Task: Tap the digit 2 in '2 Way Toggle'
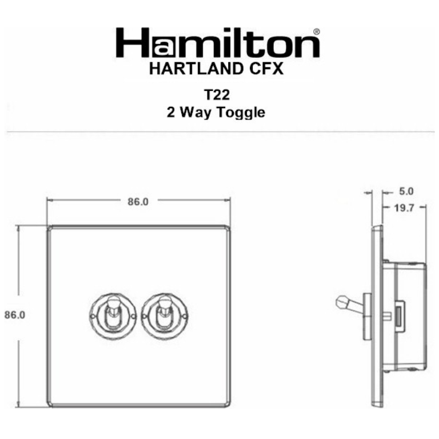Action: [171, 112]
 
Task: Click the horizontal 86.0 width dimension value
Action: [137, 201]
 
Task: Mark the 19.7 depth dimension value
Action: [404, 208]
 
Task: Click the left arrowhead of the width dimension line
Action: [49, 201]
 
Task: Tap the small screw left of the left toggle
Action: [93, 314]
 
